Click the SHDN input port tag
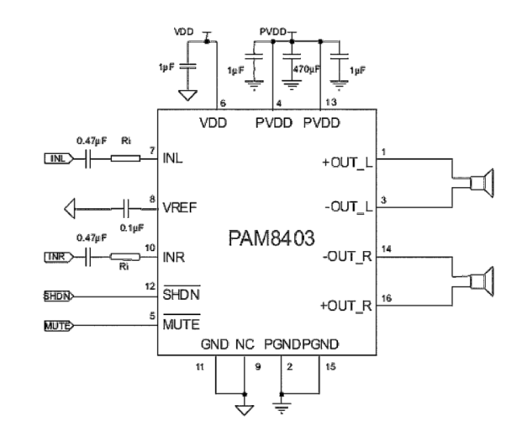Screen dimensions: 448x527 (56, 297)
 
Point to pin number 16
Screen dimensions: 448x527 (385, 299)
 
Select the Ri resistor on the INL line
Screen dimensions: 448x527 (123, 157)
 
